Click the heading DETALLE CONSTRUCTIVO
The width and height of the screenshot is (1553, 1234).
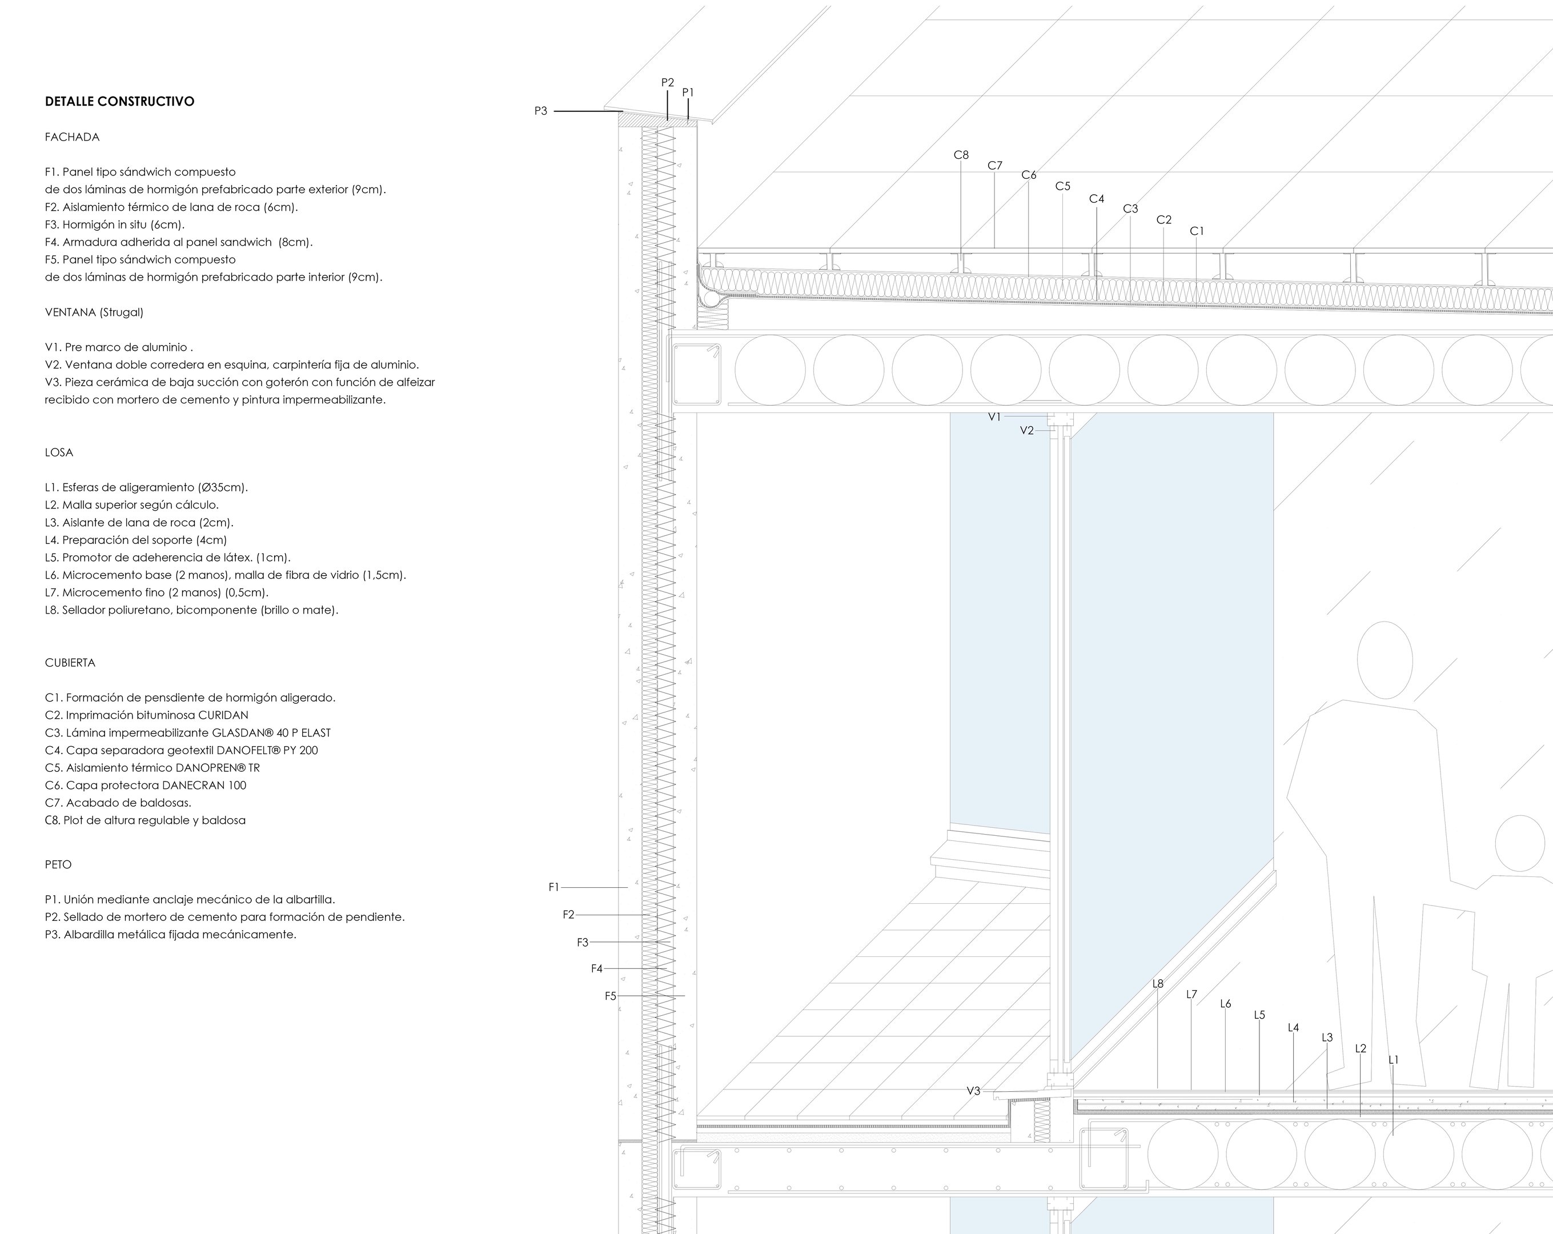(119, 102)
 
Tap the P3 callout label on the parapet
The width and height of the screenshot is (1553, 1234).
(541, 111)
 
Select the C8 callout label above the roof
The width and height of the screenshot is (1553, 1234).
(961, 155)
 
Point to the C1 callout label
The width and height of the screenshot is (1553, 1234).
(1197, 231)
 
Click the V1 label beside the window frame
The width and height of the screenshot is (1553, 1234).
(994, 417)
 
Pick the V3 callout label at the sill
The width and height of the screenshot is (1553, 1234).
(973, 1091)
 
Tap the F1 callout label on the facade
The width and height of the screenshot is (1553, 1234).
(554, 887)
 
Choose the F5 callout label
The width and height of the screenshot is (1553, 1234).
(611, 996)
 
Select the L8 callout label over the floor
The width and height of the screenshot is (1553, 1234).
(1158, 984)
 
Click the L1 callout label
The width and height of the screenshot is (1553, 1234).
(1393, 1060)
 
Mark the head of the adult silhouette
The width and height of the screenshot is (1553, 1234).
(1385, 659)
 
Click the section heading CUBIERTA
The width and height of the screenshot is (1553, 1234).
(70, 663)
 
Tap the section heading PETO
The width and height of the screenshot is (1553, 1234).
(58, 864)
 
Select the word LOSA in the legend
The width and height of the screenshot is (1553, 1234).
(59, 452)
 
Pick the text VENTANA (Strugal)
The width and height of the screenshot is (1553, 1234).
(94, 312)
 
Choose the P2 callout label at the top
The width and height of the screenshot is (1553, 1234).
(668, 83)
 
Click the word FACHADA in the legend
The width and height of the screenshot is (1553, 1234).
(72, 137)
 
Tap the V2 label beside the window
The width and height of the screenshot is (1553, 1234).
(1026, 431)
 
